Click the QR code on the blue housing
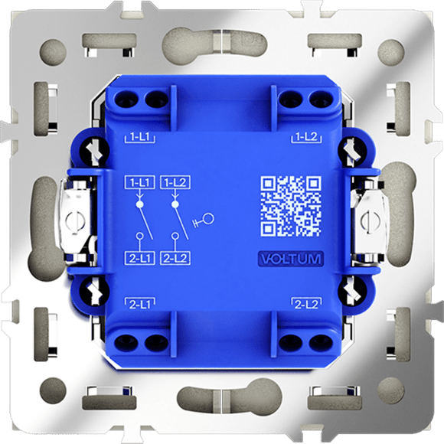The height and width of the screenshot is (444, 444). (291, 206)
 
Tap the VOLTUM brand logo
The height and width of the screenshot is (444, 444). (291, 259)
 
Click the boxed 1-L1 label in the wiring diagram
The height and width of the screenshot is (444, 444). (139, 183)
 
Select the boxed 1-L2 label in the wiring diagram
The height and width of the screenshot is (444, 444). (175, 183)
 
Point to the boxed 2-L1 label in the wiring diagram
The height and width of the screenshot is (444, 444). (139, 258)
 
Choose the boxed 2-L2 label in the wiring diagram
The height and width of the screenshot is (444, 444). (175, 258)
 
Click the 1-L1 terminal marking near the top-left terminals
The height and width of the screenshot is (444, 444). (140, 138)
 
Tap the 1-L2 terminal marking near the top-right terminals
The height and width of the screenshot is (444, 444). (307, 138)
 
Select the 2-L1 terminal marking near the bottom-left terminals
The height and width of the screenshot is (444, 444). (140, 304)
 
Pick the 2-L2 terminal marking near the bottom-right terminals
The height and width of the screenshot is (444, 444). (307, 304)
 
